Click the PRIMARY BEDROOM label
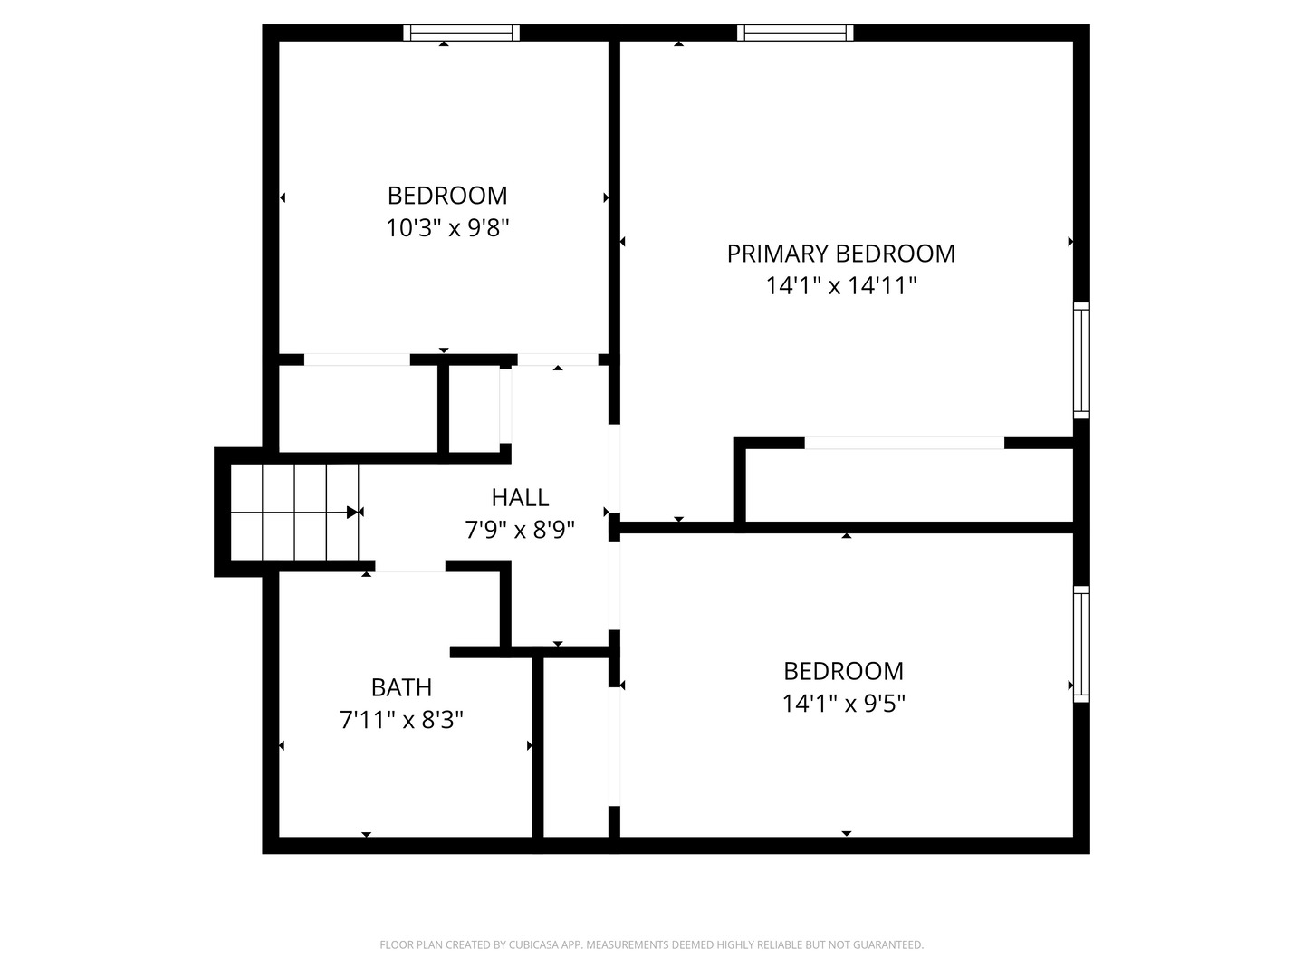(840, 254)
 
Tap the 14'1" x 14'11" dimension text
(841, 286)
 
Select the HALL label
(520, 497)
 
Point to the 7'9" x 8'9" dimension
(520, 530)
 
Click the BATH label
(401, 688)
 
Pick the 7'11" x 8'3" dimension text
(401, 721)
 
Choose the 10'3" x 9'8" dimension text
(447, 228)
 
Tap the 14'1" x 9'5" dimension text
(843, 704)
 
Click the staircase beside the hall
(294, 513)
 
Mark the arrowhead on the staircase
(353, 513)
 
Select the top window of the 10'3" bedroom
(462, 33)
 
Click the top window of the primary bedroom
(795, 33)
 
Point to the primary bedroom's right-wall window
(1081, 360)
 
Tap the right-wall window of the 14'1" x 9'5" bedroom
(1081, 644)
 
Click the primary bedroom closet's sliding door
(904, 443)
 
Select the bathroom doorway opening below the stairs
(409, 566)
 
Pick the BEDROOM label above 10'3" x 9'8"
(447, 196)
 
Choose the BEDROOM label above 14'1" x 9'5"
(843, 671)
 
